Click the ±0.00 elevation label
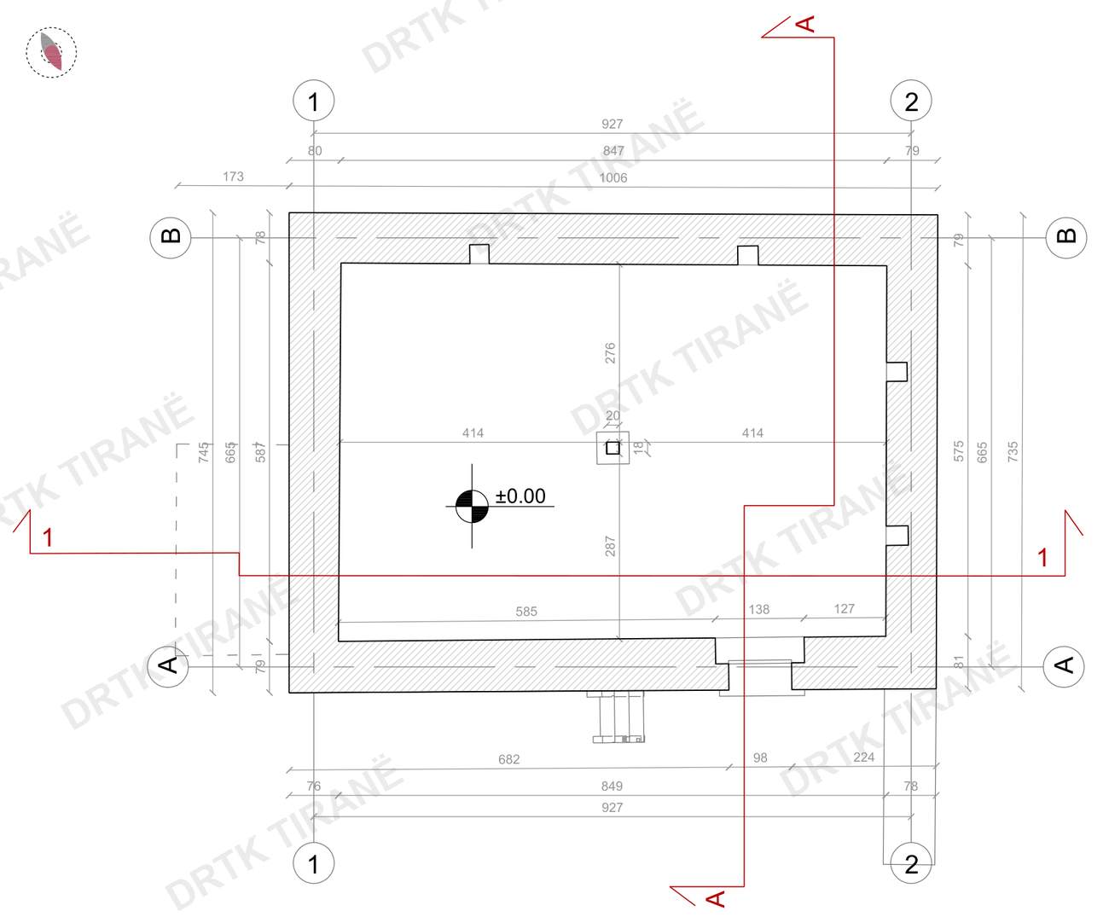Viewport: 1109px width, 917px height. click(x=520, y=496)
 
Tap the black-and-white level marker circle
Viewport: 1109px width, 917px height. click(x=472, y=507)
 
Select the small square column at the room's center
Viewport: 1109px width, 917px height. click(x=613, y=447)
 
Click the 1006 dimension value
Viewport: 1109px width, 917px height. click(x=613, y=178)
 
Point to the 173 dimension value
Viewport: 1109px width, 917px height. click(x=233, y=177)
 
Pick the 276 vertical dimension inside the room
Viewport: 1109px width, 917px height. click(x=610, y=353)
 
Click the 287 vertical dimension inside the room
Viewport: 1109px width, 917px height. click(x=610, y=546)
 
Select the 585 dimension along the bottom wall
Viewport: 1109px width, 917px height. click(x=526, y=612)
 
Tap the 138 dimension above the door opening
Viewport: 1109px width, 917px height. click(x=759, y=609)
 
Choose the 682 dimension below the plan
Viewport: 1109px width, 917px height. click(x=508, y=760)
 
